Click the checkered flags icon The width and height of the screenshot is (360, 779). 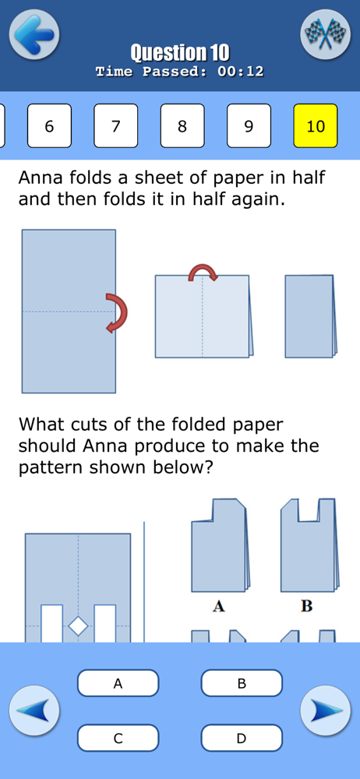pos(325,33)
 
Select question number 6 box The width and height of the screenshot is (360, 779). pos(49,125)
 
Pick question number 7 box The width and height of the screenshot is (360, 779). pos(116,125)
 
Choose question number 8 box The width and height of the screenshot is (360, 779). pos(182,125)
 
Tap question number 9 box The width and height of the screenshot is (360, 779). pos(249,125)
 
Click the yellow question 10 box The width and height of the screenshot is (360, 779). pos(316,125)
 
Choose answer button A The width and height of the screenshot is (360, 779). pos(118,683)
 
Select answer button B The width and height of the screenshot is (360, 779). pos(242,683)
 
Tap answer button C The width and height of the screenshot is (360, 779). pos(118,738)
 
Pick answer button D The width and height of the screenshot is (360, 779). pos(242,738)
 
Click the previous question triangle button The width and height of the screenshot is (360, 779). pos(34,710)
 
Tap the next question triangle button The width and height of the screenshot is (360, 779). pos(325,710)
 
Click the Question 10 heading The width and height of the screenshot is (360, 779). pos(180,52)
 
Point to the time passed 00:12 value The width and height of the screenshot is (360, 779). pos(240,72)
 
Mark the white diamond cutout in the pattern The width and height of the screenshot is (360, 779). pos(78,626)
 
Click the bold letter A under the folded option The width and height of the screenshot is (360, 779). pos(218,606)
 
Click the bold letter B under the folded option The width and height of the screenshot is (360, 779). pos(307,606)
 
